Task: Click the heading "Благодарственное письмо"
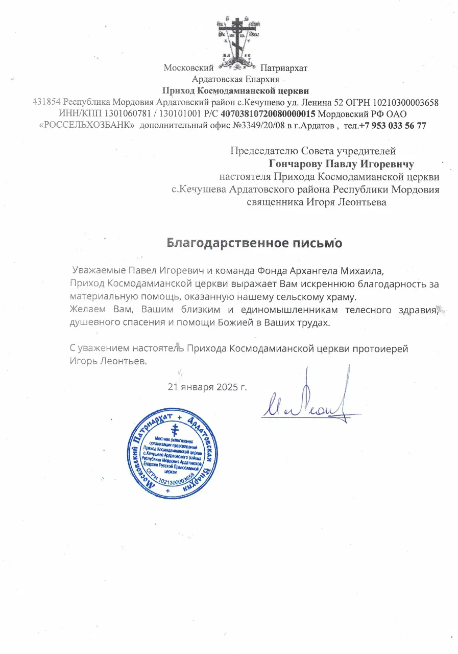pos(254,243)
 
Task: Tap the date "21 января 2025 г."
pos(207,386)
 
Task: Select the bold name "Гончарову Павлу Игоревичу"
pos(341,164)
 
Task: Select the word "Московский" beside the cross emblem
pos(188,67)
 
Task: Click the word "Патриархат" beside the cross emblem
pos(283,67)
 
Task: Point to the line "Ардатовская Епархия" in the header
pos(235,79)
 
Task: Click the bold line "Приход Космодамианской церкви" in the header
pos(235,90)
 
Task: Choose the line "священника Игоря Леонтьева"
pos(317,202)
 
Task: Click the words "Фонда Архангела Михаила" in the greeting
pos(311,269)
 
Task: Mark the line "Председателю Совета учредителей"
pos(313,151)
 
